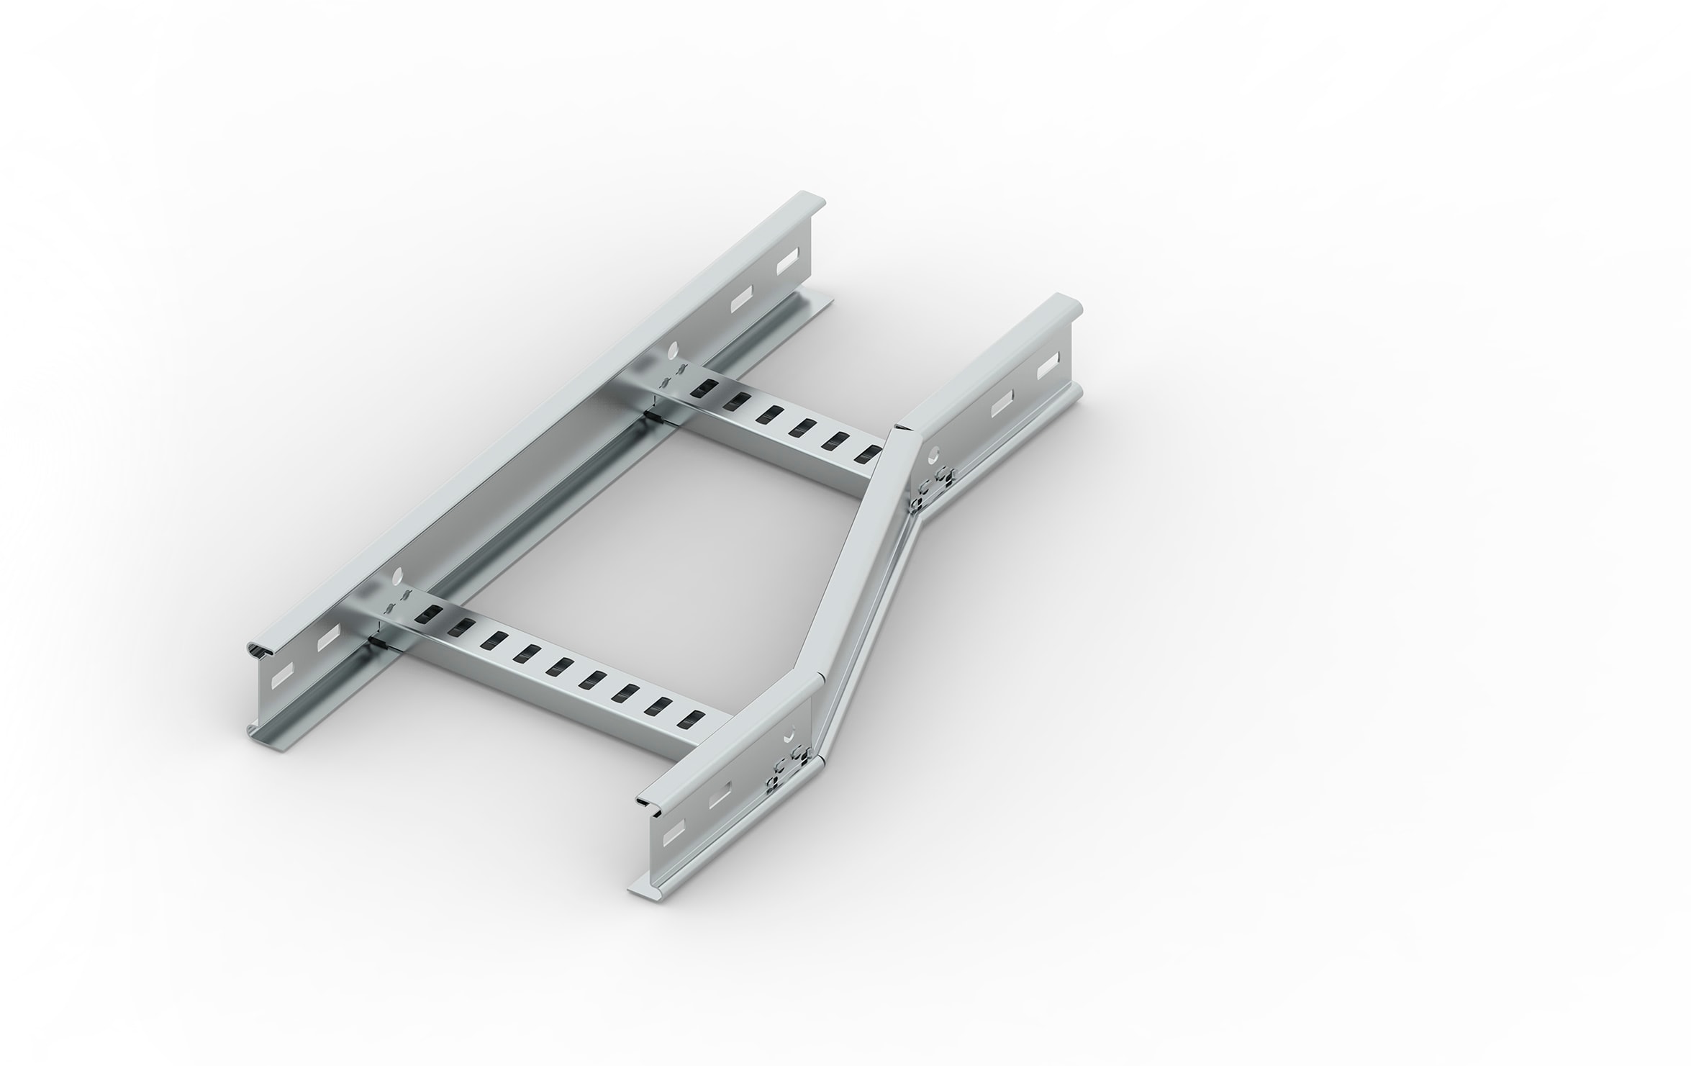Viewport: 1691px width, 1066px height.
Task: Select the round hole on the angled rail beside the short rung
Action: click(934, 455)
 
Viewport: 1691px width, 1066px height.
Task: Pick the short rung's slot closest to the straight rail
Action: click(699, 389)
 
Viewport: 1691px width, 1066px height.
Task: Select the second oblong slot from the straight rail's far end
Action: click(743, 300)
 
